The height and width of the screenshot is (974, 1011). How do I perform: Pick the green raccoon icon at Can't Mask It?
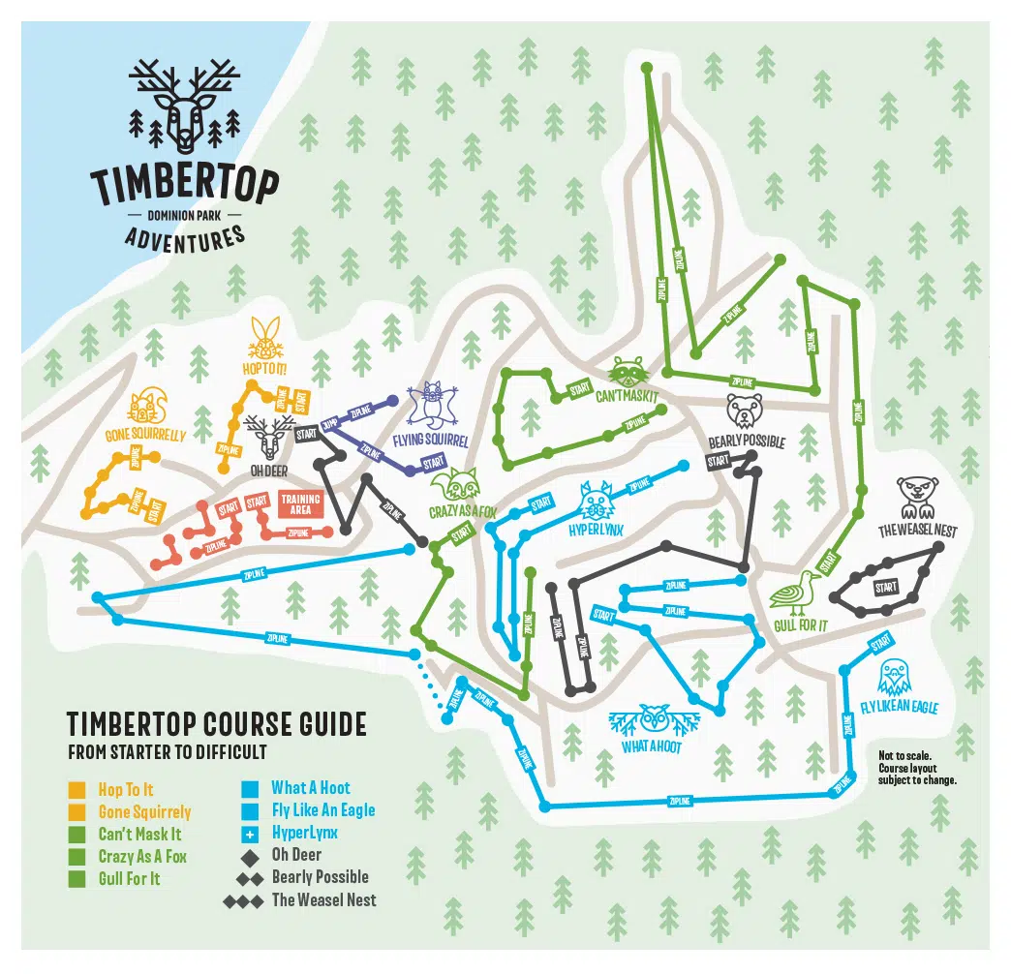point(627,372)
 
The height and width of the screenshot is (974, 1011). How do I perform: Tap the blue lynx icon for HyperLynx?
point(597,501)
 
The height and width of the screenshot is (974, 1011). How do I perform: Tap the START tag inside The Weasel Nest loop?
point(886,588)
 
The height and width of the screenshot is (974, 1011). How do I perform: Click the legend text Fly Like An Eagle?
point(322,810)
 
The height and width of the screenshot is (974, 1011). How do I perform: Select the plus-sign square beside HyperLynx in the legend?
point(249,833)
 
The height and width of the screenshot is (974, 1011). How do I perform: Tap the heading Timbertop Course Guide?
point(216,723)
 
